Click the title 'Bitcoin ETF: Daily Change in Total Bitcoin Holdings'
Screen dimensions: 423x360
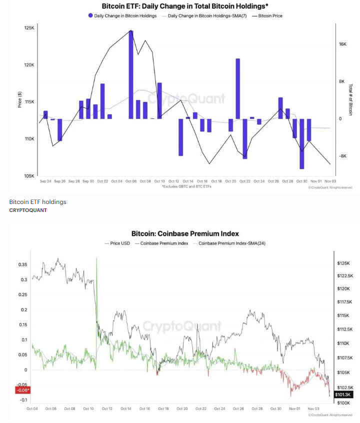pos(184,6)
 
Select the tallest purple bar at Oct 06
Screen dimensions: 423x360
pos(131,75)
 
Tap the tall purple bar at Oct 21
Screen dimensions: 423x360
pos(237,88)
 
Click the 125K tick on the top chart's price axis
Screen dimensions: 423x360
pos(29,28)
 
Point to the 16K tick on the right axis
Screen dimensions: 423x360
pos(342,44)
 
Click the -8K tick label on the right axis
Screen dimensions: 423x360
pos(342,156)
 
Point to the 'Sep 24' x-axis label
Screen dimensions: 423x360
pos(45,181)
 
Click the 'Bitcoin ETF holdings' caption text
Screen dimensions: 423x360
pos(37,202)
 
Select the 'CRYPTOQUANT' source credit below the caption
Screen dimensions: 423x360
pos(28,210)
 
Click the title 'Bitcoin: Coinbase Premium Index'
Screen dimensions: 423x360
pos(185,233)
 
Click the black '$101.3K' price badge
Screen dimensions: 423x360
pos(343,394)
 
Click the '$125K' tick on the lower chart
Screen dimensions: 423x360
pos(343,263)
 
